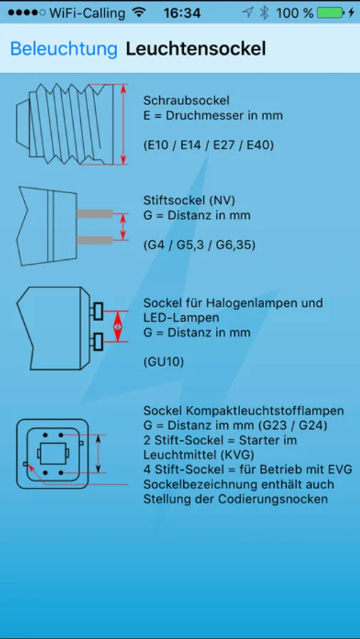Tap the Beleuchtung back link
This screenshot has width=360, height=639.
64,49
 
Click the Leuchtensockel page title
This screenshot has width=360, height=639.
196,49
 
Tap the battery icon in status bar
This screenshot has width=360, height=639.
330,13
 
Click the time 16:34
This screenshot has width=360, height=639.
182,13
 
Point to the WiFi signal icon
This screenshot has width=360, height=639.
139,13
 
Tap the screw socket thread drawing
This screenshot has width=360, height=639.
65,124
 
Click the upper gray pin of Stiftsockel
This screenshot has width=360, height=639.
94,214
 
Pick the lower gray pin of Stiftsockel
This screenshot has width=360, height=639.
94,240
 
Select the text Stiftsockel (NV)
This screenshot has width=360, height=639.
189,200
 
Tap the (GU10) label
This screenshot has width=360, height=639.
163,361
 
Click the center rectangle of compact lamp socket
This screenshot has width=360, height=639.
53,453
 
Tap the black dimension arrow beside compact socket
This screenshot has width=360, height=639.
98,454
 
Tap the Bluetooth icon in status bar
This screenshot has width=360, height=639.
265,13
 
